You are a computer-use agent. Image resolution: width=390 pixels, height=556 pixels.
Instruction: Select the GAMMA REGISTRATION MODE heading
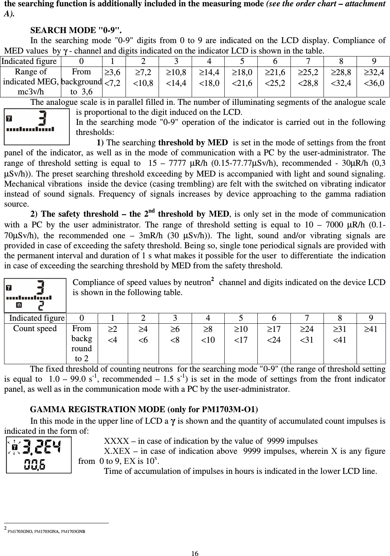144,410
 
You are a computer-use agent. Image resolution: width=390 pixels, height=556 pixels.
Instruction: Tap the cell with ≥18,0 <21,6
242,77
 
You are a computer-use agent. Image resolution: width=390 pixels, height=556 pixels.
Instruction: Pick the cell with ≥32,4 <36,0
374,77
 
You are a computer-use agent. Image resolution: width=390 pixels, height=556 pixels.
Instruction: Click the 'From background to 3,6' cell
81,82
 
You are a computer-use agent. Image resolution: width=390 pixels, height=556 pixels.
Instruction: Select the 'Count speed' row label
35,329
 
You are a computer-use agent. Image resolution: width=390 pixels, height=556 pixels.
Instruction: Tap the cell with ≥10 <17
241,334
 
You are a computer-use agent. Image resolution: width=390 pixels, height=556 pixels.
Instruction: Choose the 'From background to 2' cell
82,343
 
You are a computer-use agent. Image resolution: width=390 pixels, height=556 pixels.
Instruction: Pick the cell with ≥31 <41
340,334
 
